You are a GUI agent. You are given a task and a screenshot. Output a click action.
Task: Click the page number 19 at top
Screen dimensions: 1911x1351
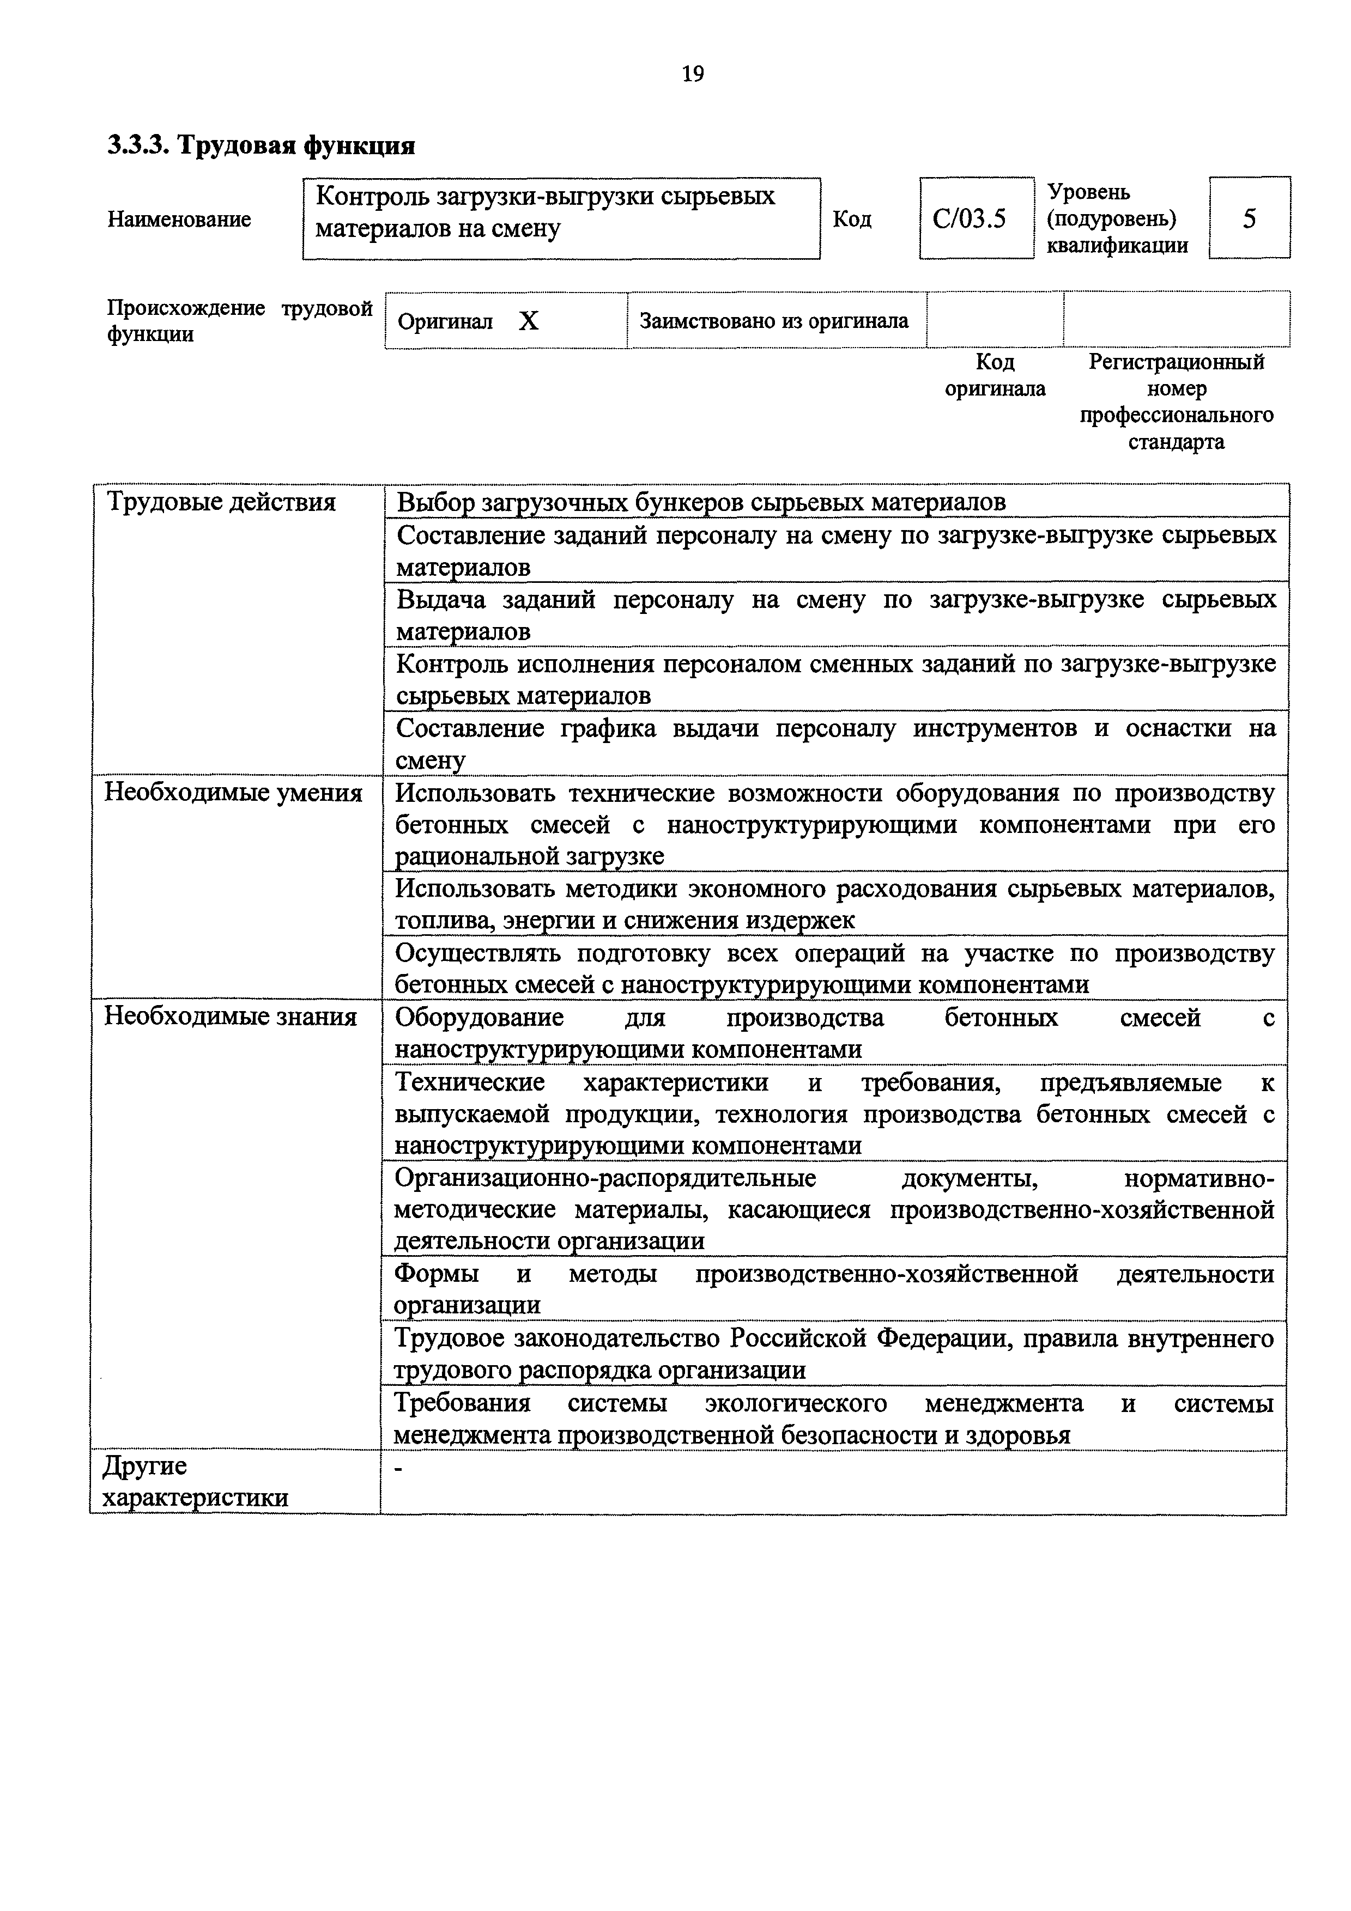(x=693, y=74)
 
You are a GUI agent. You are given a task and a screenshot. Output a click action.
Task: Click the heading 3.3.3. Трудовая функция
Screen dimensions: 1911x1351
(x=262, y=145)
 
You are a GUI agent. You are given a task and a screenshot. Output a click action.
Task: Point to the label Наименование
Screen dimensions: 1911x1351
(x=179, y=220)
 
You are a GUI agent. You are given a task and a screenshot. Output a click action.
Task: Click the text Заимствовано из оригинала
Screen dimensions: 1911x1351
(x=773, y=320)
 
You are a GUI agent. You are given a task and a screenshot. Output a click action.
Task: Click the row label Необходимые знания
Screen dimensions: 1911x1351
(x=231, y=1017)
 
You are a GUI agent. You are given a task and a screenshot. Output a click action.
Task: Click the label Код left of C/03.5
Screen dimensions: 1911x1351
(x=852, y=220)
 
